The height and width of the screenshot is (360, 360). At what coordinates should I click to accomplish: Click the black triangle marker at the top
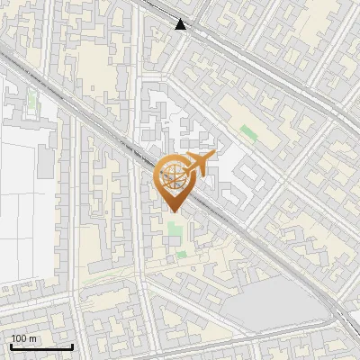(182, 24)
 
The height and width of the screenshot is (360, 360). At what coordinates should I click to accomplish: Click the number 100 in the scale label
(19, 338)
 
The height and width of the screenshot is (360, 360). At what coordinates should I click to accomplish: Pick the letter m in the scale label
(32, 338)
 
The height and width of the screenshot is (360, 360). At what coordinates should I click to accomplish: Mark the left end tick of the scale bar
(10, 346)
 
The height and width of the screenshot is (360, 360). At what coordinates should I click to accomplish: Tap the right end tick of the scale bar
(72, 346)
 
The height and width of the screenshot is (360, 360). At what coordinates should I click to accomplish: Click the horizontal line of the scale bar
(40, 346)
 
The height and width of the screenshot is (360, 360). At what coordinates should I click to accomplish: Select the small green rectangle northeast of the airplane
(248, 133)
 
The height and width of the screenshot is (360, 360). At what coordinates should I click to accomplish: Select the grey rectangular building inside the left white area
(46, 162)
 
